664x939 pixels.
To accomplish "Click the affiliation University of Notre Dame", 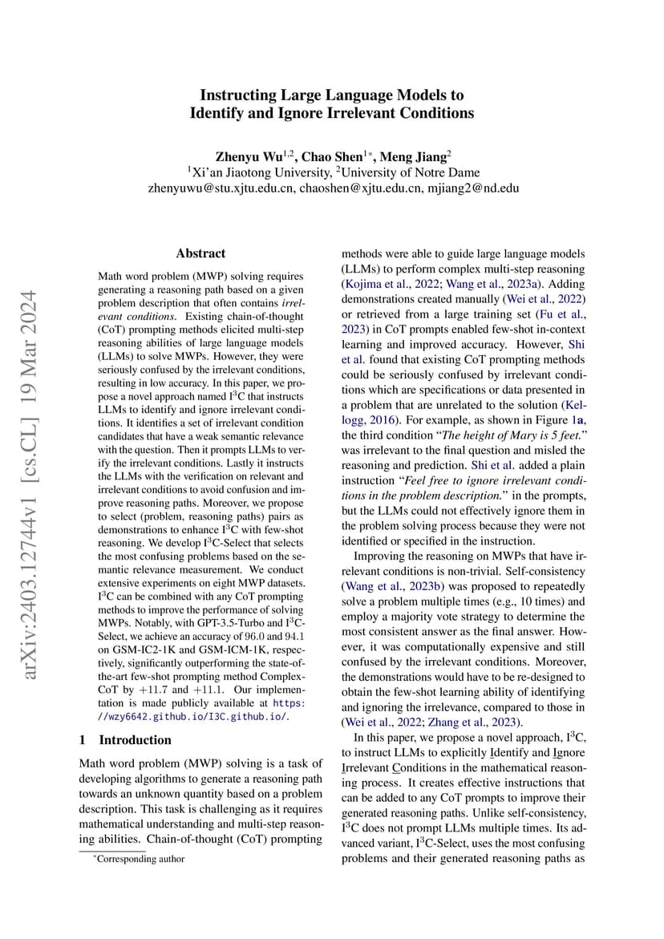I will pyautogui.click(x=411, y=172).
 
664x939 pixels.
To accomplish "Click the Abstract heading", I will pyautogui.click(x=200, y=253).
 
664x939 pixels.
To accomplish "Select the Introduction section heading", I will pyautogui.click(x=135, y=739).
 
